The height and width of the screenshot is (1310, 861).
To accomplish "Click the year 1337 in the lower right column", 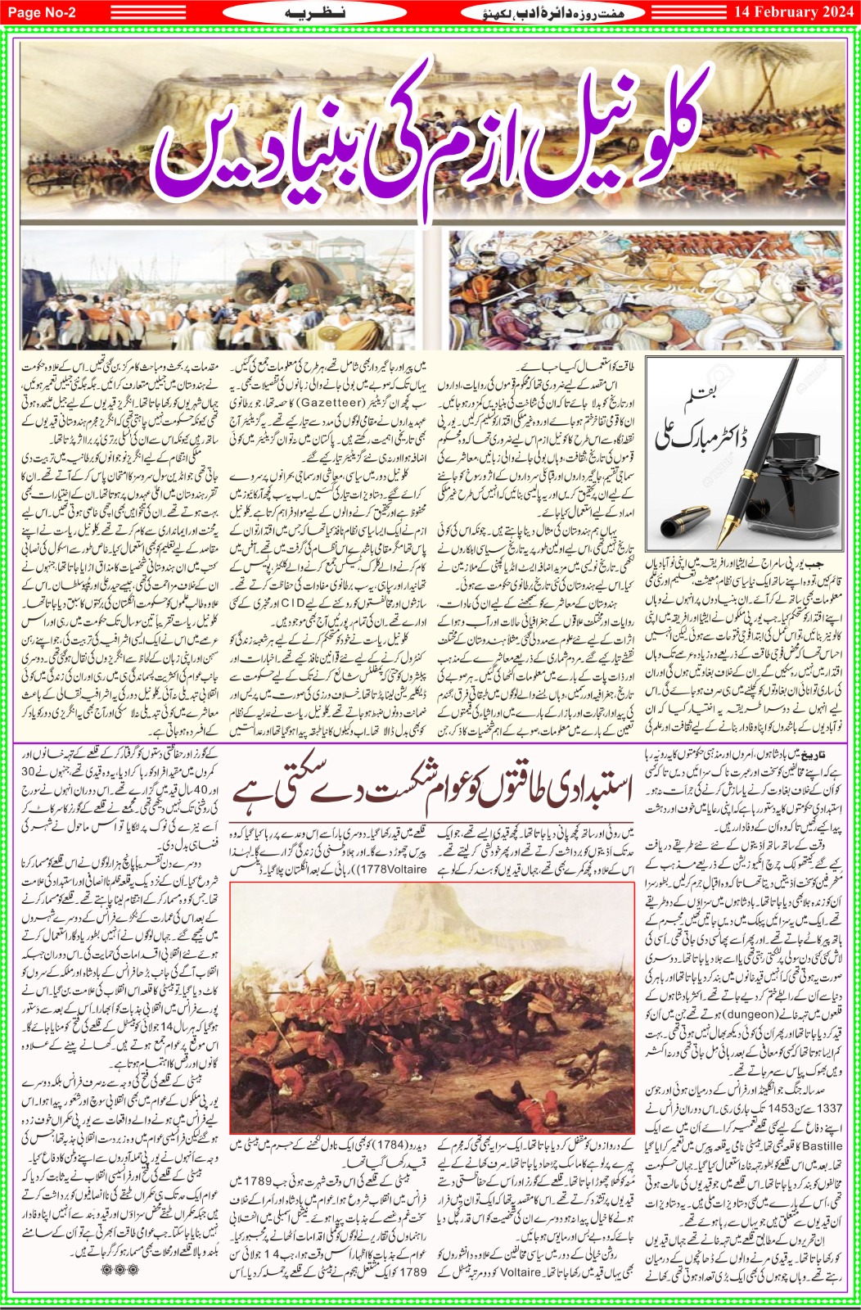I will pos(829,1107).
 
